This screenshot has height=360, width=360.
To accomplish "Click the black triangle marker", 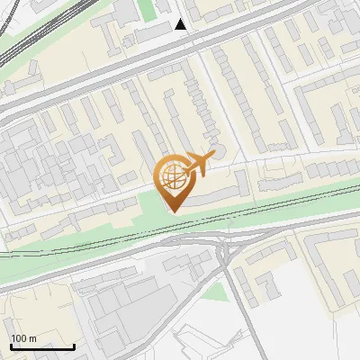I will [x=181, y=24].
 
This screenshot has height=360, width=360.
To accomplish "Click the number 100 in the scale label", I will [x=17, y=338].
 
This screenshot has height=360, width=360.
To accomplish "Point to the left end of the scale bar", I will [x=12, y=346].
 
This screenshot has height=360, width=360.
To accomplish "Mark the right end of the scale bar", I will [x=74, y=346].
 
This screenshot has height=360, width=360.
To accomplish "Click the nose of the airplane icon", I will [x=213, y=156].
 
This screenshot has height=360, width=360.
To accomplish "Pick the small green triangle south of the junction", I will [x=213, y=291].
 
